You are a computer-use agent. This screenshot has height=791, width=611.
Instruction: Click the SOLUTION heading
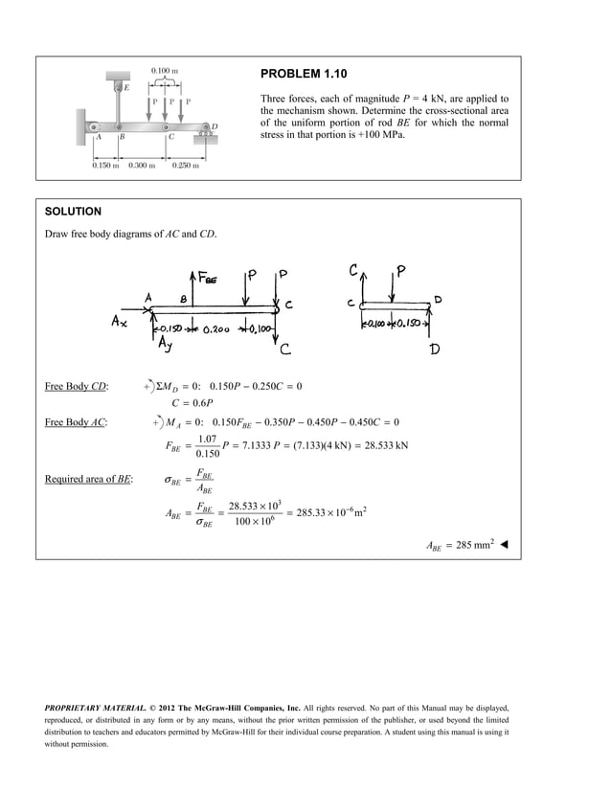(73, 211)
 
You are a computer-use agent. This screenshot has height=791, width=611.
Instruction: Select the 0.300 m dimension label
(143, 166)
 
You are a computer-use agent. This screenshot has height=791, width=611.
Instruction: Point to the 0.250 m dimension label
(186, 166)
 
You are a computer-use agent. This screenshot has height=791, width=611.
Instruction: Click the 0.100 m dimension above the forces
(166, 71)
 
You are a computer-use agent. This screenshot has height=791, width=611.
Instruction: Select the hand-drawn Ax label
(118, 323)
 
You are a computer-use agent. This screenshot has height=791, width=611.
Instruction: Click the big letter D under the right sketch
(434, 350)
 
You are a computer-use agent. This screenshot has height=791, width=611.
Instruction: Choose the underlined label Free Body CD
(77, 387)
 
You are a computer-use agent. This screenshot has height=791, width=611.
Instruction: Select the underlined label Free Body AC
(77, 421)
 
